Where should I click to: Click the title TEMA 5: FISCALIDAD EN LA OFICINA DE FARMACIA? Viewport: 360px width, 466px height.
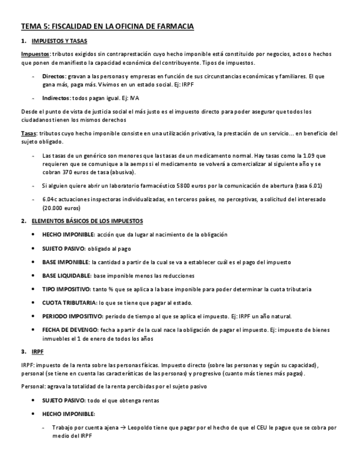[107, 26]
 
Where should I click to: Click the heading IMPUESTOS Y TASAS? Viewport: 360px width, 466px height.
[59, 41]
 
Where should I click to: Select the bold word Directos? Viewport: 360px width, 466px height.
[53, 75]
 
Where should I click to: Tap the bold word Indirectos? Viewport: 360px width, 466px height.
[56, 98]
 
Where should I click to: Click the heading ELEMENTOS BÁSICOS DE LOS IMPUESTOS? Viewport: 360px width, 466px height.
[87, 221]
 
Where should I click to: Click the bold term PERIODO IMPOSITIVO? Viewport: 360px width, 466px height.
[73, 317]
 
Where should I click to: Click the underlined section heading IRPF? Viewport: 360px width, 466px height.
[38, 351]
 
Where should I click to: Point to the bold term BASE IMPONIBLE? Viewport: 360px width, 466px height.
[66, 262]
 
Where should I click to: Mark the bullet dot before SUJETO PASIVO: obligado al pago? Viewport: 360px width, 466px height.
[36, 248]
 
